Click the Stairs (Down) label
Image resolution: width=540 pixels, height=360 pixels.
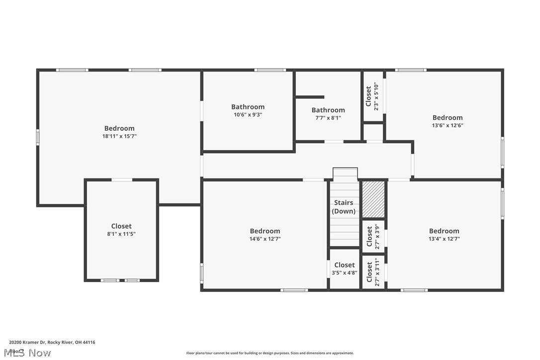pyautogui.click(x=344, y=207)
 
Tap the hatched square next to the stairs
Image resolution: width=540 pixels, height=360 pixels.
pyautogui.click(x=373, y=199)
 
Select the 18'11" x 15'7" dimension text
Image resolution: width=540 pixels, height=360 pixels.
pyautogui.click(x=119, y=136)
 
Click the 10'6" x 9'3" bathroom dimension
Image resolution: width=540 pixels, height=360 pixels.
pyautogui.click(x=248, y=114)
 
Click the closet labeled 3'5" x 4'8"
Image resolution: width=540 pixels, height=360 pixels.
pyautogui.click(x=344, y=269)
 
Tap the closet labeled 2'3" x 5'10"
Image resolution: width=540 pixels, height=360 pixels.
pyautogui.click(x=372, y=96)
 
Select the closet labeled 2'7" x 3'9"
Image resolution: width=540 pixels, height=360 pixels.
pyautogui.click(x=373, y=233)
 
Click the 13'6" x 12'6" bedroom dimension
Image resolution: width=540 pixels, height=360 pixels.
pyautogui.click(x=447, y=125)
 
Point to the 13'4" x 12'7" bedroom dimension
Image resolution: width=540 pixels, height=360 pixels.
pyautogui.click(x=444, y=239)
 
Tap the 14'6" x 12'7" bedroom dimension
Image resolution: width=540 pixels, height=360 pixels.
pyautogui.click(x=265, y=239)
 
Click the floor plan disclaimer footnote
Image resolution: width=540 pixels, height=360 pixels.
pyautogui.click(x=270, y=353)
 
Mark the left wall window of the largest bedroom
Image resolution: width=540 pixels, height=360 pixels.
pyautogui.click(x=38, y=137)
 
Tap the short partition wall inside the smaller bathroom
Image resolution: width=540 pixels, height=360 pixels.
pyautogui.click(x=310, y=97)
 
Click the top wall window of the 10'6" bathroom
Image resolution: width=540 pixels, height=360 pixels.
pyautogui.click(x=270, y=70)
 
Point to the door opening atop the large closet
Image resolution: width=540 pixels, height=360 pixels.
pyautogui.click(x=121, y=180)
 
